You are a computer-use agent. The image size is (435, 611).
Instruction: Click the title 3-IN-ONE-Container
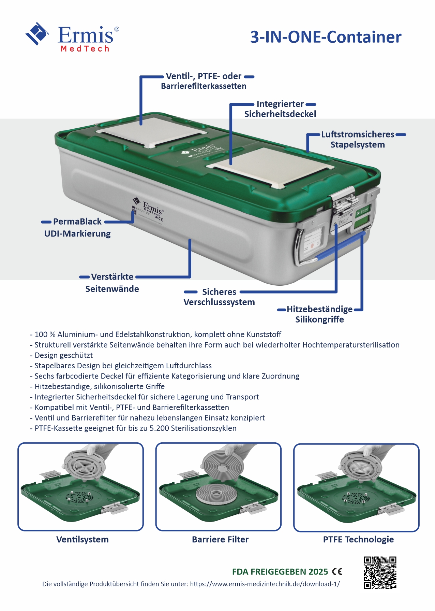pos(326,37)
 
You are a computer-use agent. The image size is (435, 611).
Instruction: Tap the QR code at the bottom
pos(380,572)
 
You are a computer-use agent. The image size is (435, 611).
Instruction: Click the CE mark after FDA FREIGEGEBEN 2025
pos(337,571)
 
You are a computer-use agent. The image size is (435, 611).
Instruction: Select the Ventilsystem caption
pos(82,539)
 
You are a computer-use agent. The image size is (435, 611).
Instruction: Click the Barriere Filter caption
pos(220,539)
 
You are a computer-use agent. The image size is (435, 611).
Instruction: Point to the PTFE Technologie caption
pos(358,539)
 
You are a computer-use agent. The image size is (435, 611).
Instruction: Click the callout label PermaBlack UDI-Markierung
pos(77,227)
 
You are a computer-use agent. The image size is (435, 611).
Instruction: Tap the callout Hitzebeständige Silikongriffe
pos(319,314)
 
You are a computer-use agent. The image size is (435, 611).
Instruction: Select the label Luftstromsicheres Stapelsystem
pos(358,139)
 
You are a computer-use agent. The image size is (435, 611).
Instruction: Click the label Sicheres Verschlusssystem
pos(219,297)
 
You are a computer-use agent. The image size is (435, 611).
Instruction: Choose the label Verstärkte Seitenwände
pos(112,283)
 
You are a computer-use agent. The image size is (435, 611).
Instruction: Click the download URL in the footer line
pos(265,584)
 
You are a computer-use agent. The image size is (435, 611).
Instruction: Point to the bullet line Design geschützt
pos(63,355)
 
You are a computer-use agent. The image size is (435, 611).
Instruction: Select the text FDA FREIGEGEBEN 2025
pos(280,571)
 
